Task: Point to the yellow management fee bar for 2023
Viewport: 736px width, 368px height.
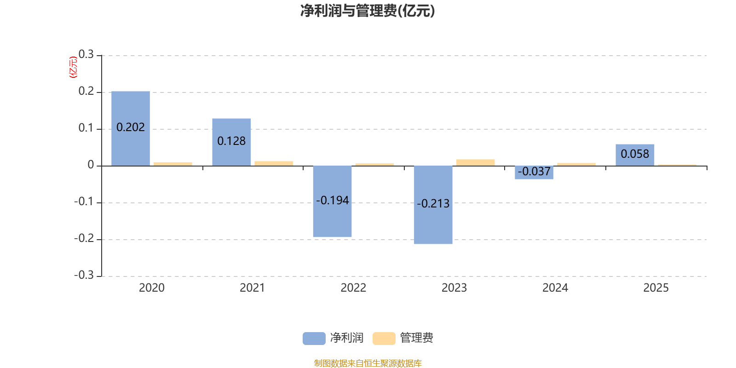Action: click(475, 162)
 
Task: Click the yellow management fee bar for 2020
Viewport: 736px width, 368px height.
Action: click(173, 164)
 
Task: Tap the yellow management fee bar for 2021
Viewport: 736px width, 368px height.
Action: click(274, 163)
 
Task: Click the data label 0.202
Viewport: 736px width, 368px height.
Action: click(131, 127)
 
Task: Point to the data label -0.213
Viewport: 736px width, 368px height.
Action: click(433, 203)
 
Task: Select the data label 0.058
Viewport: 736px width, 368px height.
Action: click(635, 154)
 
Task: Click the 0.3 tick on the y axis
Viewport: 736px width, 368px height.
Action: click(86, 55)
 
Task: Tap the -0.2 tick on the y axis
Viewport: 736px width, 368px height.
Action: click(84, 239)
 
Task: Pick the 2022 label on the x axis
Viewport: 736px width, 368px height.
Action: click(353, 288)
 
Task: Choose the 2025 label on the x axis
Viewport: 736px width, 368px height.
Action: click(656, 288)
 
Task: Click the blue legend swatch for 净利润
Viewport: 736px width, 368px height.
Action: click(314, 338)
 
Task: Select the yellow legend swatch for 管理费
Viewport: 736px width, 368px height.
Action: click(384, 338)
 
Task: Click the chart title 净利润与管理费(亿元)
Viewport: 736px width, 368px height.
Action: click(368, 11)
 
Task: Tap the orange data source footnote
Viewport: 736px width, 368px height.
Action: click(368, 363)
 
